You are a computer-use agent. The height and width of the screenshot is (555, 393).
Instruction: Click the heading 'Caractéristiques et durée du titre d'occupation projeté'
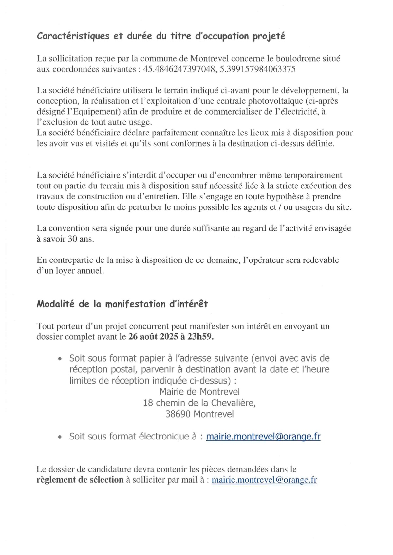pyautogui.click(x=161, y=36)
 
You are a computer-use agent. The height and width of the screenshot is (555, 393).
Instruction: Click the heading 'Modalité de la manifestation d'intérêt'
pyautogui.click(x=122, y=304)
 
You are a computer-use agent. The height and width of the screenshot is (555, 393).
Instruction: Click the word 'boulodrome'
pyautogui.click(x=298, y=59)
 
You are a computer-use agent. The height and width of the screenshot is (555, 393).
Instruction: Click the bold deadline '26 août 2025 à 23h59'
pyautogui.click(x=171, y=337)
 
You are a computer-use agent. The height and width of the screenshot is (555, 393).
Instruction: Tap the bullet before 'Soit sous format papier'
pyautogui.click(x=60, y=359)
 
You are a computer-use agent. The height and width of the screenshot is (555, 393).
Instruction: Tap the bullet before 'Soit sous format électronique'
pyautogui.click(x=60, y=437)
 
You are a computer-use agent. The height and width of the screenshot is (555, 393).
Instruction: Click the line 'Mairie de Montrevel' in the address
pyautogui.click(x=199, y=392)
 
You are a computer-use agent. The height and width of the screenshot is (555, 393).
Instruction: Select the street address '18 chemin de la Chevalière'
pyautogui.click(x=199, y=403)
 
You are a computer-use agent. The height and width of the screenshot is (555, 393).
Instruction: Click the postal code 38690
pyautogui.click(x=178, y=414)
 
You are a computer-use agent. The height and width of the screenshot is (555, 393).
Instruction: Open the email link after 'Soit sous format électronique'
pyautogui.click(x=263, y=437)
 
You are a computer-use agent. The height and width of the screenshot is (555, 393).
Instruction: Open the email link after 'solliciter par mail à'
pyautogui.click(x=264, y=480)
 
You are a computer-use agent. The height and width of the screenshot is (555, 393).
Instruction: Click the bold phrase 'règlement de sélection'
pyautogui.click(x=80, y=480)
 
